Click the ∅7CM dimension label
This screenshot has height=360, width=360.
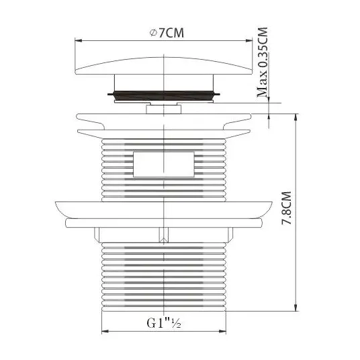167,33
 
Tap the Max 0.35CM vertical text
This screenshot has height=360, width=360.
262,62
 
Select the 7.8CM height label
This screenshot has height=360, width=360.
287,208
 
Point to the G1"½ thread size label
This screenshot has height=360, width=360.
164,323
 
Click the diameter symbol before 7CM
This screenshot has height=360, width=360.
153,33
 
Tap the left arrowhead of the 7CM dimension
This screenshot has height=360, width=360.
79,41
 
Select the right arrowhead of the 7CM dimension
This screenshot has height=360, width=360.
249,41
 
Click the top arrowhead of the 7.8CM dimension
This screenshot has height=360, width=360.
296,117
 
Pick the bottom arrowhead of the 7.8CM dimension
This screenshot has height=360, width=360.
296,308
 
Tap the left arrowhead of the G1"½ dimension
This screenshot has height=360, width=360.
105,331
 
